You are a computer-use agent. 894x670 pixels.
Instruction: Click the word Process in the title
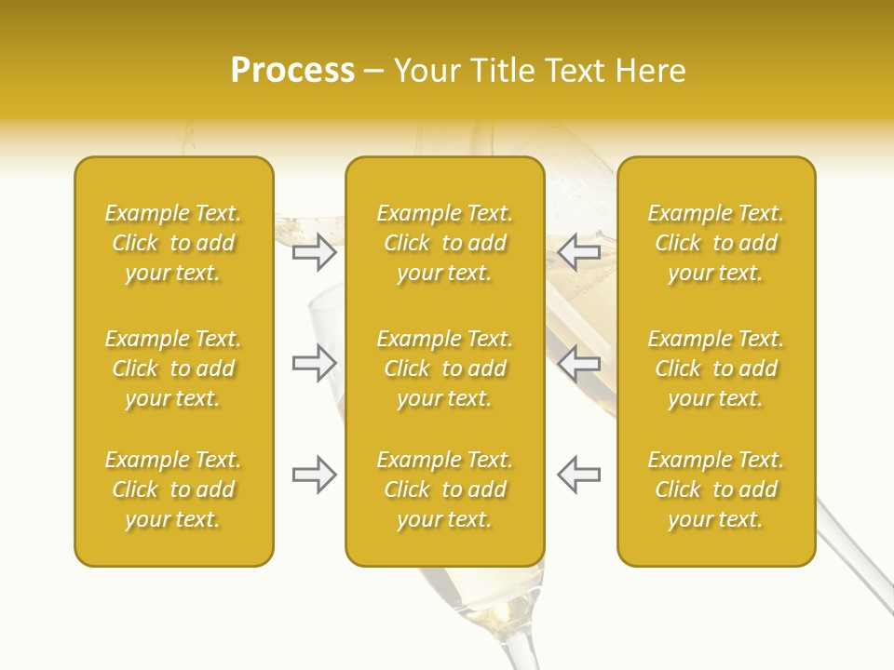click(x=292, y=70)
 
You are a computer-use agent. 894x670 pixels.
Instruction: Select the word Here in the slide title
click(x=651, y=70)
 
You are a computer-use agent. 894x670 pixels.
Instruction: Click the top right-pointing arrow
click(x=315, y=251)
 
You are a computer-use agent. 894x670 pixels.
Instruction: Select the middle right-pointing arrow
click(x=315, y=363)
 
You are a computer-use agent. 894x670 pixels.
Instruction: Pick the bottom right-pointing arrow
click(x=315, y=475)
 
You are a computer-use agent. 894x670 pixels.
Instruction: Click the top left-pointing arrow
click(x=578, y=251)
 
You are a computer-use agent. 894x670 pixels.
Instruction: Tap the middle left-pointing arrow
click(x=578, y=363)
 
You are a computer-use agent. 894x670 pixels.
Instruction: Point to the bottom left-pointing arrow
click(x=578, y=475)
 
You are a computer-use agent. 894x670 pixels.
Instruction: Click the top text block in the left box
click(x=173, y=243)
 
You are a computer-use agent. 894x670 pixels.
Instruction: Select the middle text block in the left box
click(x=173, y=368)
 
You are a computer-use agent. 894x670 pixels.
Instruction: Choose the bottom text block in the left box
click(x=173, y=489)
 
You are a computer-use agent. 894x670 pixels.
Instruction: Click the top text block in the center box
click(x=444, y=243)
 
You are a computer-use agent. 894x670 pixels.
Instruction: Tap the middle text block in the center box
click(x=444, y=368)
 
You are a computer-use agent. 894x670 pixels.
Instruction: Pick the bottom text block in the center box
click(x=444, y=489)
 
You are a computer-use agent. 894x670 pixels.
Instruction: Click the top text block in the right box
click(x=715, y=243)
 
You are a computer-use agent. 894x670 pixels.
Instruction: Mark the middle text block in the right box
click(x=715, y=368)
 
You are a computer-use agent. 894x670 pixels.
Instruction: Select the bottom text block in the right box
click(x=715, y=489)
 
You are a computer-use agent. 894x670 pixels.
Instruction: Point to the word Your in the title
click(x=428, y=70)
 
